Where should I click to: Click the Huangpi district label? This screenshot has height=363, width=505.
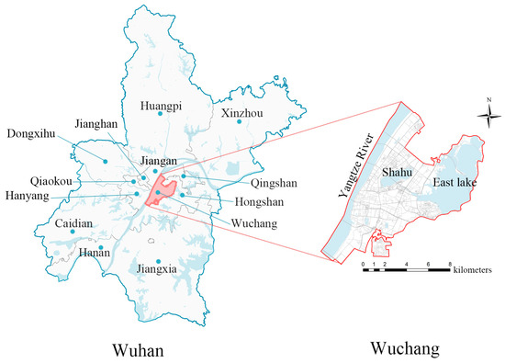point(160,106)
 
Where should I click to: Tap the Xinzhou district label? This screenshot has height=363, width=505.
point(239,113)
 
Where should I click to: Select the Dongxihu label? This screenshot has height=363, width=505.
point(30,134)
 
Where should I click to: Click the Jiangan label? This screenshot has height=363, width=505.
point(156,160)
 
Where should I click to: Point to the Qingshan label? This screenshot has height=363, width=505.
point(247,182)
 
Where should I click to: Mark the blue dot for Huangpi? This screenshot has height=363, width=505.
point(160,117)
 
